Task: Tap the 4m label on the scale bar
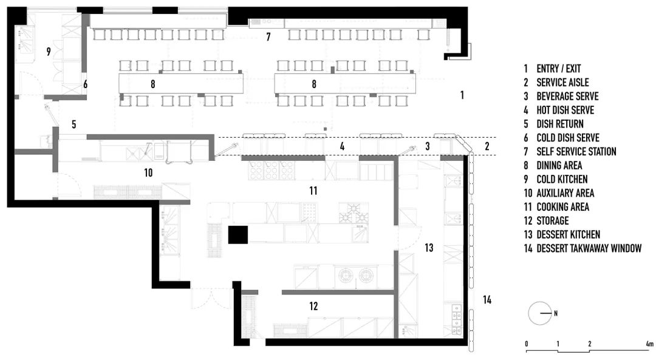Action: pyautogui.click(x=649, y=344)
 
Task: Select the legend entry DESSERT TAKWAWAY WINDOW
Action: pyautogui.click(x=589, y=248)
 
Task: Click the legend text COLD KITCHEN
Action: pyautogui.click(x=562, y=180)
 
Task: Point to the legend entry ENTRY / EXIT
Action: pyautogui.click(x=558, y=69)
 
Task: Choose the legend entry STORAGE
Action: pyautogui.click(x=553, y=221)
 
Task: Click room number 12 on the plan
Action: pyautogui.click(x=313, y=307)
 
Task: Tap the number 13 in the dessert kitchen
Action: pyautogui.click(x=429, y=248)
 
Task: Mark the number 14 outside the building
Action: pyautogui.click(x=487, y=299)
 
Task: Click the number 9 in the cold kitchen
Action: pyautogui.click(x=48, y=52)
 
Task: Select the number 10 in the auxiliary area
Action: pyautogui.click(x=148, y=173)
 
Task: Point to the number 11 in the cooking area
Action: pyautogui.click(x=313, y=191)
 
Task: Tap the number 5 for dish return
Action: pyautogui.click(x=73, y=124)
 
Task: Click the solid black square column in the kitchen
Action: pyautogui.click(x=237, y=234)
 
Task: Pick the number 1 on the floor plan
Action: pyautogui.click(x=462, y=95)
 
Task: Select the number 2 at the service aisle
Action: pyautogui.click(x=487, y=146)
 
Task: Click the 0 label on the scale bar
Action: pyautogui.click(x=527, y=344)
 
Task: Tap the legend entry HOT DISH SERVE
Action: pyautogui.click(x=565, y=110)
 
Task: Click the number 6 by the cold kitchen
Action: pyautogui.click(x=86, y=84)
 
